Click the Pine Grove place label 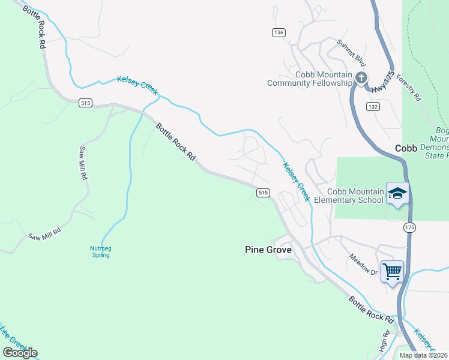[268, 250]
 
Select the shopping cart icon [392, 271]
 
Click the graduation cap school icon [397, 193]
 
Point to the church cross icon [361, 77]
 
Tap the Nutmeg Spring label [96, 251]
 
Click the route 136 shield [278, 32]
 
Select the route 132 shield [373, 106]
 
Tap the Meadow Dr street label [363, 265]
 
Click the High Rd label [385, 341]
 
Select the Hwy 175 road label [379, 82]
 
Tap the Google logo [20, 352]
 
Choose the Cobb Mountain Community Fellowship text [309, 79]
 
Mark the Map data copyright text [424, 355]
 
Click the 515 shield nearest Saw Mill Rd [85, 103]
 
